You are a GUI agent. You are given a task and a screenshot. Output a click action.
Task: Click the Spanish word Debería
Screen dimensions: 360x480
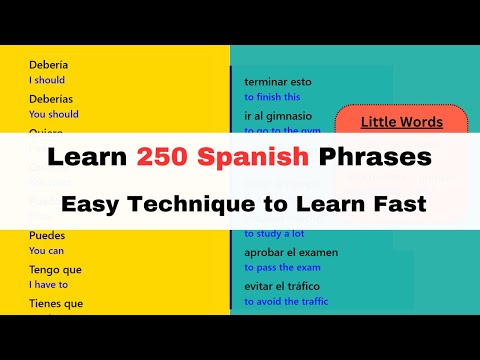(x=48, y=65)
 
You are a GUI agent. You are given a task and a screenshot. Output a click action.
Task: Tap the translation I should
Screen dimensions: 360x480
(x=48, y=79)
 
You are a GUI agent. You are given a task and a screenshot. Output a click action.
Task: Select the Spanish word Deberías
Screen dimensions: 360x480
(x=51, y=100)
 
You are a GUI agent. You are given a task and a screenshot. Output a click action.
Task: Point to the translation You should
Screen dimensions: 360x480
(x=54, y=114)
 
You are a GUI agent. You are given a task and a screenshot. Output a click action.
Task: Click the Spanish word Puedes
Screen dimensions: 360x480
(x=47, y=235)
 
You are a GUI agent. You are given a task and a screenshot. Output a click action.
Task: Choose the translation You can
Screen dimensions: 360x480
(x=46, y=250)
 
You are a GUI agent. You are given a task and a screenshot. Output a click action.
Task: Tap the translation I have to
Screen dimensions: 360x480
(x=48, y=284)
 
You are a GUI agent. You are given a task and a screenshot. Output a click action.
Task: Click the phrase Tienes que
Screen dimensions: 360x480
(x=56, y=304)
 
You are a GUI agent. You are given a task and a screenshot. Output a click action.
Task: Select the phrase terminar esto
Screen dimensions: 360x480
(x=279, y=82)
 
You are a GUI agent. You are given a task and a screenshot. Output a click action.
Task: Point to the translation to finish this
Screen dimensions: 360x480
(x=272, y=97)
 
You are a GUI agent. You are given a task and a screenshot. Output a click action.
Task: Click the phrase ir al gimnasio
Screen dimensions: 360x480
(x=278, y=116)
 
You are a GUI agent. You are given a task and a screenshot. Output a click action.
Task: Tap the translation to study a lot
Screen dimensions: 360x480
(x=274, y=233)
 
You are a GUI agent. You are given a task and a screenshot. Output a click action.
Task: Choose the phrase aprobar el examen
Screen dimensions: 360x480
(x=291, y=252)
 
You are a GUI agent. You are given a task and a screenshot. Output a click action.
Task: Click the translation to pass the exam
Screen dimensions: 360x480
(x=283, y=267)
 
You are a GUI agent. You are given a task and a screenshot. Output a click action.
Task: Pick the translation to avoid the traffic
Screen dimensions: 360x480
(x=286, y=301)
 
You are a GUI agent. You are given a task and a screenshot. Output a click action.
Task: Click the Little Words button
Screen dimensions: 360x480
(x=401, y=122)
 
